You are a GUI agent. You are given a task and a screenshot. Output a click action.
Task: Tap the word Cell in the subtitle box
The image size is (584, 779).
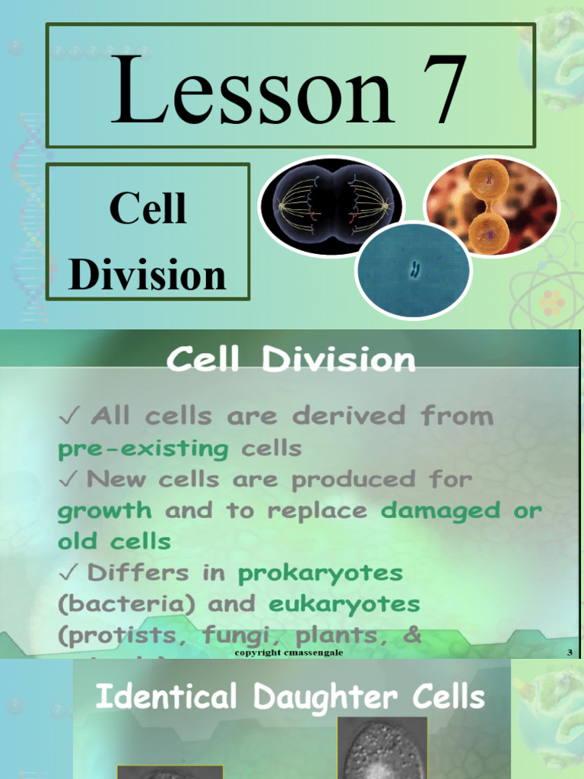click(148, 208)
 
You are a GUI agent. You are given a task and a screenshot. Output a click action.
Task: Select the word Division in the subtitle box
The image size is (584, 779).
click(148, 275)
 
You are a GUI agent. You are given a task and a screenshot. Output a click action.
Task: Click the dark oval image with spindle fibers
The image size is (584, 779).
click(332, 203)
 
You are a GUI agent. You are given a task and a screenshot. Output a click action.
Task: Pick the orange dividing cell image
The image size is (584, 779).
click(490, 206)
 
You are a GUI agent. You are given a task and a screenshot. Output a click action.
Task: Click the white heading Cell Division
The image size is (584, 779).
click(291, 359)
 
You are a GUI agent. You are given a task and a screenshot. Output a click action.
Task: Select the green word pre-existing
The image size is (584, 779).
click(143, 448)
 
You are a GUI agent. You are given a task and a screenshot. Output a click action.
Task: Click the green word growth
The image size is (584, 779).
click(104, 510)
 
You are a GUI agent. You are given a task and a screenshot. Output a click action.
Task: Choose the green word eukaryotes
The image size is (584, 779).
click(344, 604)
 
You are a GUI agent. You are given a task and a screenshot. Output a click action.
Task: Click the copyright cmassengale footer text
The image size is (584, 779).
click(283, 653)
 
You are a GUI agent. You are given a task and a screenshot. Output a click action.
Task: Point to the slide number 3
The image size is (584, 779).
click(570, 653)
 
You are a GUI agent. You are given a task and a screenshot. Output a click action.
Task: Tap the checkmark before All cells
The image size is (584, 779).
click(68, 417)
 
